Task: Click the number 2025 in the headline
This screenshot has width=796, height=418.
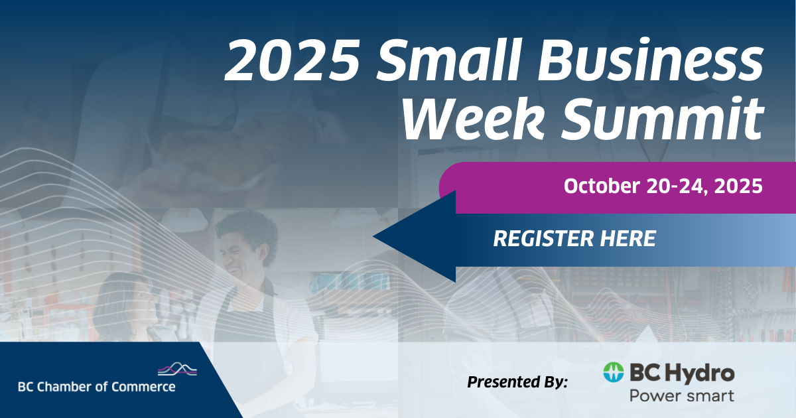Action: (x=293, y=60)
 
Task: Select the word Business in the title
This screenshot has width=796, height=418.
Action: (x=650, y=59)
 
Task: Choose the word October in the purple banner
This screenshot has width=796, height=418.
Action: (x=602, y=186)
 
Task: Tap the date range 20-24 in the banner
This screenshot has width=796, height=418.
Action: (x=675, y=186)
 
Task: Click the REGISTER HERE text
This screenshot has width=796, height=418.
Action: (x=574, y=238)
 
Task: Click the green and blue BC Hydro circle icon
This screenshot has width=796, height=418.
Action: (x=614, y=372)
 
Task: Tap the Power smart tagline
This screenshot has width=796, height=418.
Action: (x=682, y=395)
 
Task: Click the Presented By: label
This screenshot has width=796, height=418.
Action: (x=517, y=382)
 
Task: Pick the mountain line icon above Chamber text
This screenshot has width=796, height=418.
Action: (x=177, y=369)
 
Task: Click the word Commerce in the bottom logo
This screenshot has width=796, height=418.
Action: (x=143, y=387)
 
